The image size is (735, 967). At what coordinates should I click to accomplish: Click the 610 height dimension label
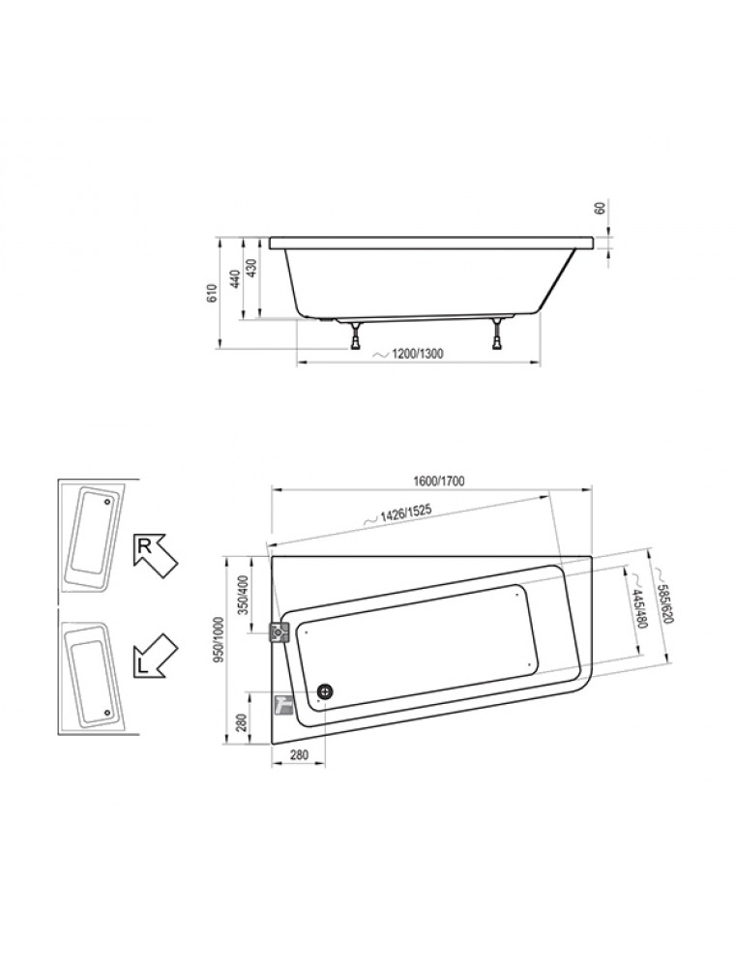(212, 294)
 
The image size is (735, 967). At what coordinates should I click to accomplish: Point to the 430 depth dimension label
(251, 267)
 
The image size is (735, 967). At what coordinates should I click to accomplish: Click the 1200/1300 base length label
(411, 353)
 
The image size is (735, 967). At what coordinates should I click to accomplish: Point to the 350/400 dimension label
(243, 596)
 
